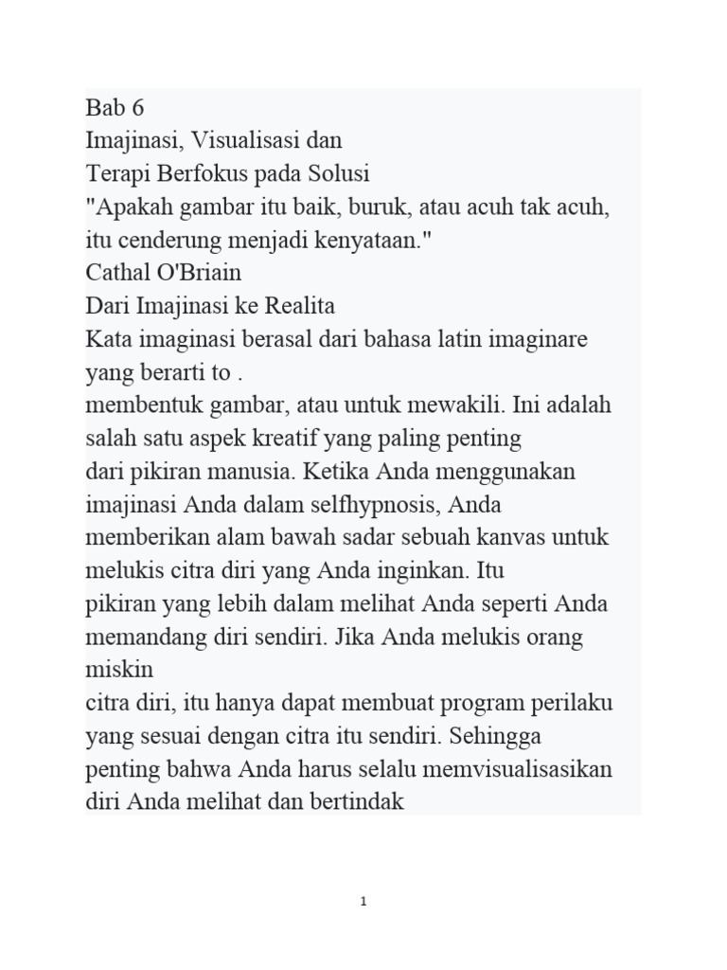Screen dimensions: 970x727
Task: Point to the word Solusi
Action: tap(335, 174)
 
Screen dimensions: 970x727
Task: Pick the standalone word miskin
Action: tap(119, 670)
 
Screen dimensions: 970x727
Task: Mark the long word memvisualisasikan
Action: tap(499, 769)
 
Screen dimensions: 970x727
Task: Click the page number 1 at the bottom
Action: tap(363, 902)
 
